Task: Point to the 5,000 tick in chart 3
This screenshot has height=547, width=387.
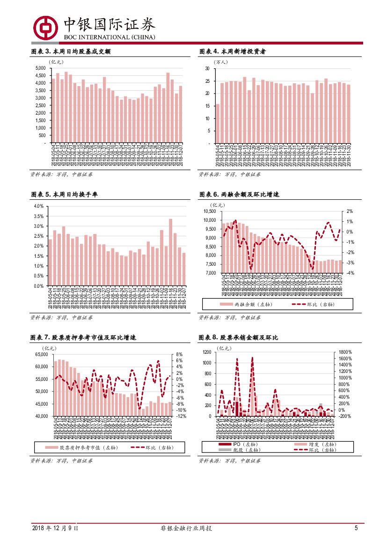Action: [x=40, y=68]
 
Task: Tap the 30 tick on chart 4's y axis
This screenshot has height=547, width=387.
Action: [x=207, y=69]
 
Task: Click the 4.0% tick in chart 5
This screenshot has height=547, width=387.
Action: [x=38, y=206]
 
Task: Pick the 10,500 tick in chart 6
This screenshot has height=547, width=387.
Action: [x=210, y=212]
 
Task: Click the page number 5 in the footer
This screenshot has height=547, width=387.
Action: [x=356, y=528]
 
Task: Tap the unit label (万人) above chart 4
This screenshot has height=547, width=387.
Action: [x=220, y=62]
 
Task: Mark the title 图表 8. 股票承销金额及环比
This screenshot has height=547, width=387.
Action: [x=238, y=337]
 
